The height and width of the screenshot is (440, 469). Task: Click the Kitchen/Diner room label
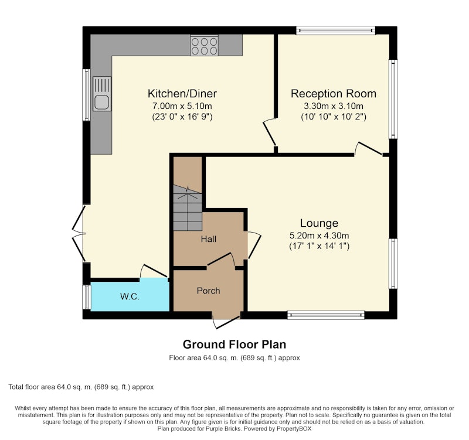click(182, 94)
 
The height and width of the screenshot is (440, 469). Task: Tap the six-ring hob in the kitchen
click(204, 46)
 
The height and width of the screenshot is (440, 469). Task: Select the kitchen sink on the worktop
click(101, 94)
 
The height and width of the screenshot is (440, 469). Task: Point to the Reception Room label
click(334, 94)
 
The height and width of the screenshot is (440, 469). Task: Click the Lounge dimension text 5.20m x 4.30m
click(319, 236)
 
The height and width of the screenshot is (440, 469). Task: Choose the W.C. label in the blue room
click(130, 296)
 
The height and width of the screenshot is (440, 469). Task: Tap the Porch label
click(209, 291)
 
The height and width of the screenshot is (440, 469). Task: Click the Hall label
click(209, 239)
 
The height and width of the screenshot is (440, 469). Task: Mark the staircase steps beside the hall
click(188, 208)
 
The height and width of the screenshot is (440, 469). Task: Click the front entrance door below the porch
click(226, 322)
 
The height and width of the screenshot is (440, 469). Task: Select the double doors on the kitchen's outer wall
click(79, 234)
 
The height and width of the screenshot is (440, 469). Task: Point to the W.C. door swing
click(154, 271)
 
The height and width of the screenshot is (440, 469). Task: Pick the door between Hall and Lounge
click(254, 245)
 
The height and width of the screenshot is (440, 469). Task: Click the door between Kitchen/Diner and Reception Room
click(270, 132)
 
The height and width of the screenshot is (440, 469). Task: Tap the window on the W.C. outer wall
click(86, 297)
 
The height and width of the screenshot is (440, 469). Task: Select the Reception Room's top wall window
click(335, 30)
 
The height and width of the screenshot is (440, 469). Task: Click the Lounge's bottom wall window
click(326, 315)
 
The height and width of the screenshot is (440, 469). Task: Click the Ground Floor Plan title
click(235, 345)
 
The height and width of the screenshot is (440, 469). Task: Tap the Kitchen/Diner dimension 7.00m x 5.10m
click(182, 106)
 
